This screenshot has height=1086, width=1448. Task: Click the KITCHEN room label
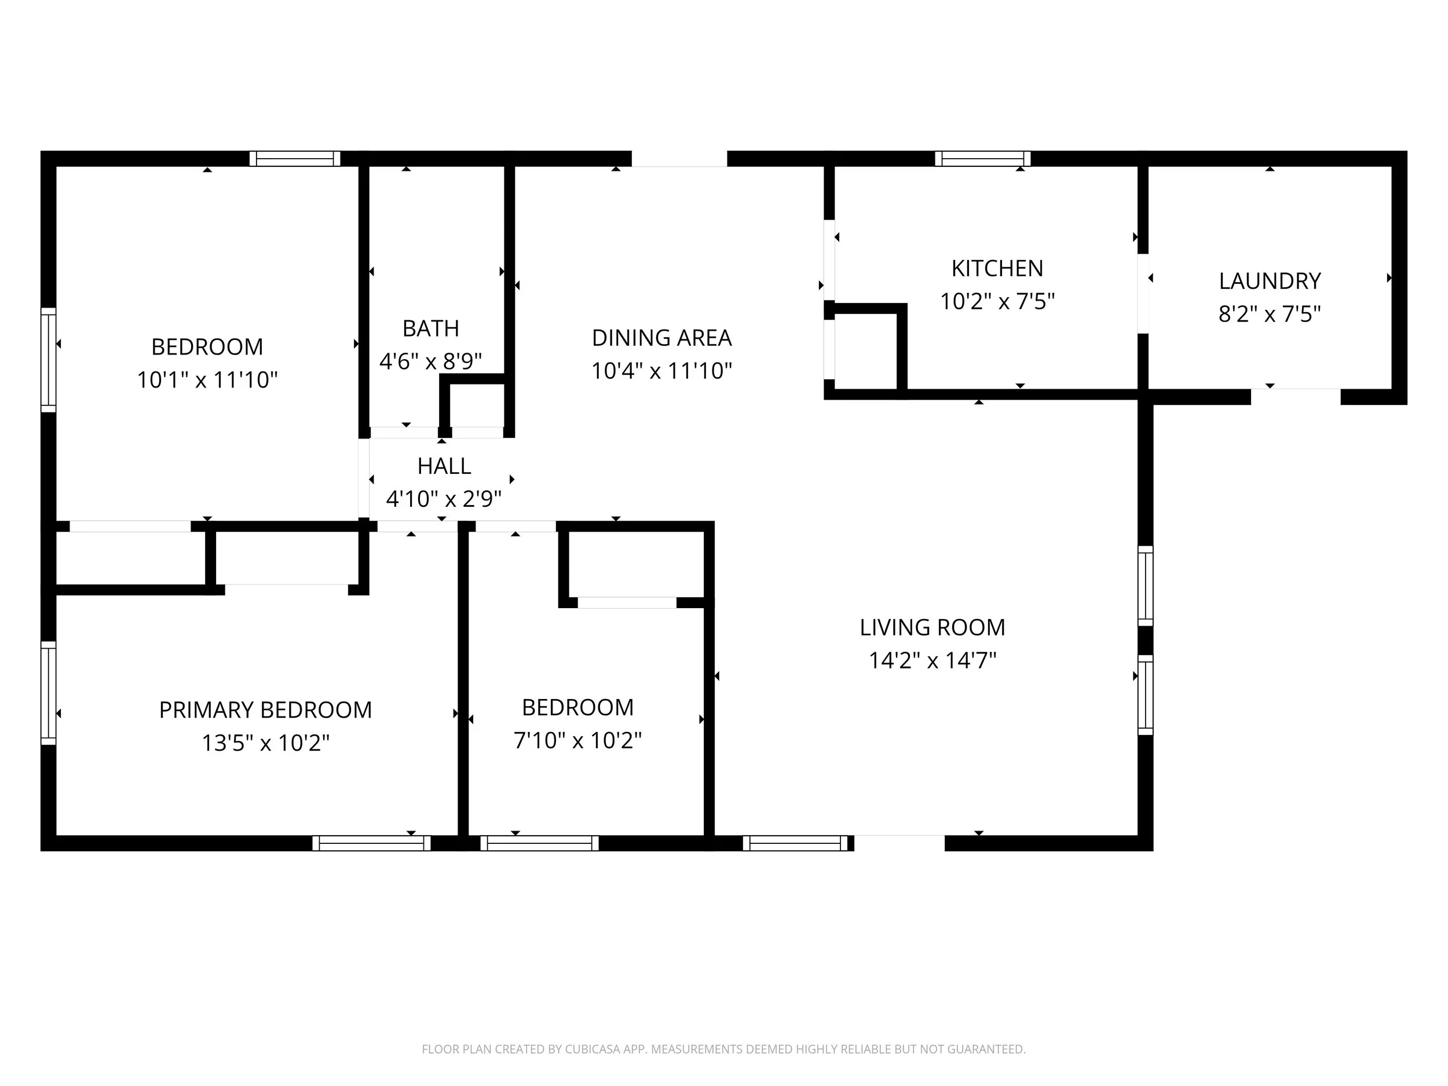click(996, 268)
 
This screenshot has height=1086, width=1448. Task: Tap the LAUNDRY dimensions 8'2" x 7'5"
click(1268, 314)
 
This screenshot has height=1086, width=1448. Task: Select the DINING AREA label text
click(661, 338)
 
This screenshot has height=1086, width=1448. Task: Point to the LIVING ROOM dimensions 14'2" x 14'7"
click(931, 660)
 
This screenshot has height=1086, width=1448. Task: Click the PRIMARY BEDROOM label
click(265, 710)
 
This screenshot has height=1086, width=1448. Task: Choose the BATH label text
click(430, 328)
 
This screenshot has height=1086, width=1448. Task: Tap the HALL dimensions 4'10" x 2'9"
click(443, 499)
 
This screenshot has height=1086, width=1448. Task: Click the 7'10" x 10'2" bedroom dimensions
click(577, 740)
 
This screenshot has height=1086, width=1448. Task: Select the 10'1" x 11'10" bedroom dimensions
click(207, 380)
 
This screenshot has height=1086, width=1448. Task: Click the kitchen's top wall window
click(982, 159)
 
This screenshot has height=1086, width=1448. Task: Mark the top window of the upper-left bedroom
click(295, 159)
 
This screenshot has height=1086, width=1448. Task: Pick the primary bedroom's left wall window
click(49, 693)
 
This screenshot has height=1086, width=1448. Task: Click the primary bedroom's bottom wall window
click(371, 843)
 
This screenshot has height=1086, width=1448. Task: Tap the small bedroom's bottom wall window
click(539, 843)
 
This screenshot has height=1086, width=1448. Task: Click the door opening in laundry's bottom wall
click(1295, 397)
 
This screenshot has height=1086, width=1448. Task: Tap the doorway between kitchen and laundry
click(1143, 293)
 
